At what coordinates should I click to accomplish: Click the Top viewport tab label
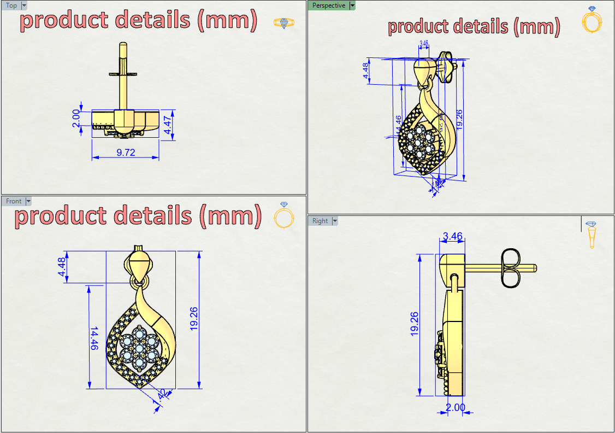[x=11, y=5]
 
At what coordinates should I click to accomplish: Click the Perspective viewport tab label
[x=329, y=5]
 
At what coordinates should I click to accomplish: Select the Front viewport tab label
[x=14, y=201]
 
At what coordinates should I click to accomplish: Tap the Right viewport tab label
[x=320, y=221]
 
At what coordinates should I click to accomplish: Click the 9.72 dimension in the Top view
[x=126, y=153]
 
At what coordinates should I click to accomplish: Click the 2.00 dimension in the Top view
[x=76, y=118]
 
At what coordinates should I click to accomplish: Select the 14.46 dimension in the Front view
[x=93, y=339]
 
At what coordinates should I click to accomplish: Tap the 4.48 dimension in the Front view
[x=62, y=267]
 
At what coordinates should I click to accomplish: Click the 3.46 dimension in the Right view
[x=453, y=237]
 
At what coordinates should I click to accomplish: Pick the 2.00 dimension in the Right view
[x=455, y=407]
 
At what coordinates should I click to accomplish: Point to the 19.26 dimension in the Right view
[x=415, y=323]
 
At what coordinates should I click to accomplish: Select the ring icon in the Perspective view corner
[x=592, y=20]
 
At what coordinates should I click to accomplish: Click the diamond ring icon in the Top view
[x=283, y=23]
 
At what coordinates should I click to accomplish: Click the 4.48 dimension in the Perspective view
[x=365, y=71]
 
